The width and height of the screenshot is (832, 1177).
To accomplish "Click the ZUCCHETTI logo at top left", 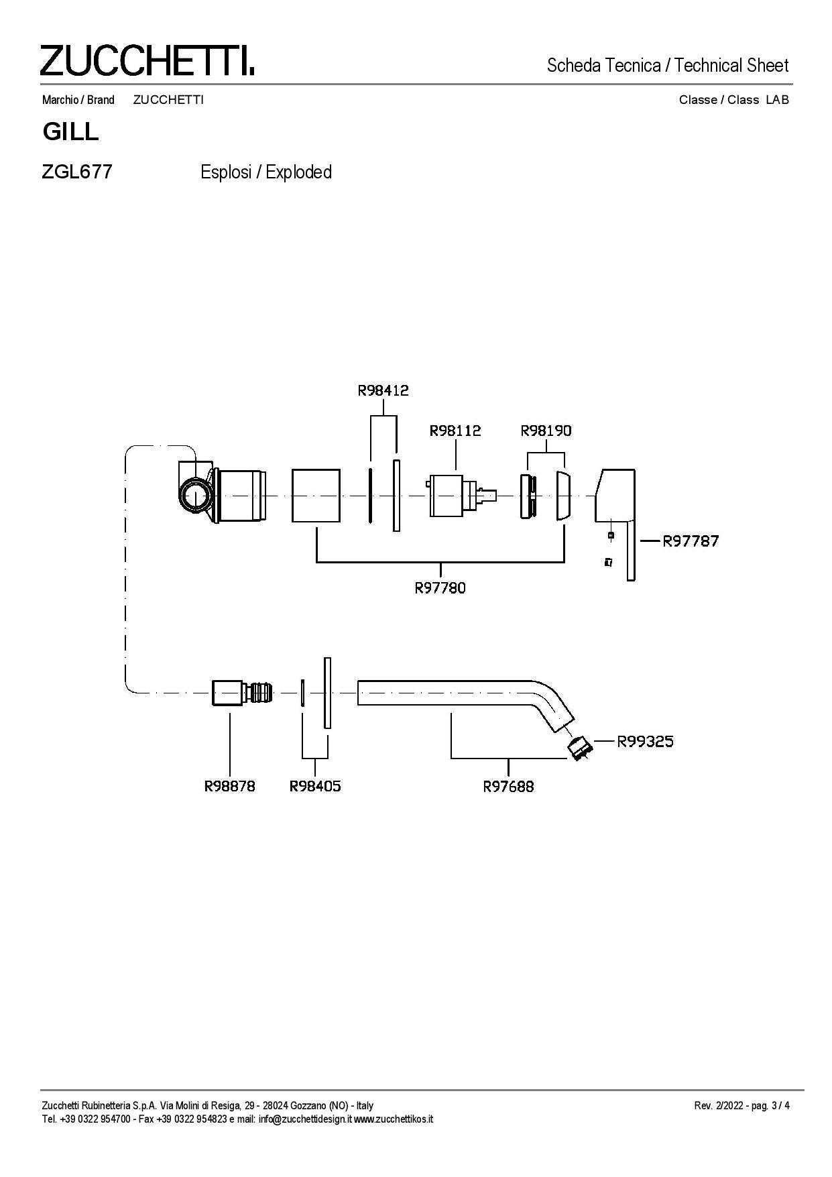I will (147, 60).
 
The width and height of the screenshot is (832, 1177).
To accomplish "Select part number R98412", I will (383, 390).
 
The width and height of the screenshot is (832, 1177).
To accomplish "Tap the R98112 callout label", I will (455, 431).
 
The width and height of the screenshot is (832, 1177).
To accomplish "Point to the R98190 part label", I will (546, 431).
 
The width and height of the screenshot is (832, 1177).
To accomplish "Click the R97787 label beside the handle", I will (691, 541).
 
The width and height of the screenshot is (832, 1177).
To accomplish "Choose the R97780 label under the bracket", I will (440, 588).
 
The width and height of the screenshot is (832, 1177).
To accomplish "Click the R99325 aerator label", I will (645, 742).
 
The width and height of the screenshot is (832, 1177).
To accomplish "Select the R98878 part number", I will (230, 786).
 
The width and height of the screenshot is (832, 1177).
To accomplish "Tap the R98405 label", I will (315, 786).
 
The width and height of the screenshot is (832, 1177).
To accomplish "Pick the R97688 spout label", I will (508, 786).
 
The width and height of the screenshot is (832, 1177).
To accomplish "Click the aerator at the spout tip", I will (579, 746).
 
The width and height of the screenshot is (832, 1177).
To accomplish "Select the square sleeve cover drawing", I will (316, 496).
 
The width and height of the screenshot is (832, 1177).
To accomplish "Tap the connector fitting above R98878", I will (241, 692).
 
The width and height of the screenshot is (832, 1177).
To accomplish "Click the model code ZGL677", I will (76, 172).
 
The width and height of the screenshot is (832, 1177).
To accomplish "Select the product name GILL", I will (70, 131).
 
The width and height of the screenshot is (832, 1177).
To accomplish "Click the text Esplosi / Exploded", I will (266, 172).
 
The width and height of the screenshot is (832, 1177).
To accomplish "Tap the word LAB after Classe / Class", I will (777, 100).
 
